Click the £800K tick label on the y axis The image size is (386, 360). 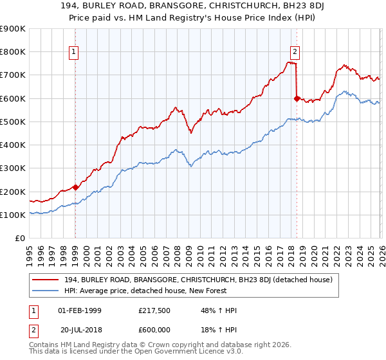pyautogui.click(x=13, y=52)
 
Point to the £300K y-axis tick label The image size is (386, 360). pyautogui.click(x=13, y=168)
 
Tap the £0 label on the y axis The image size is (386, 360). pyautogui.click(x=20, y=239)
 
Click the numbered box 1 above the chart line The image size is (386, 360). pyautogui.click(x=75, y=52)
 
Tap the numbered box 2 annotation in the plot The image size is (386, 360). pyautogui.click(x=295, y=52)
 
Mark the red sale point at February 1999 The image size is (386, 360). pyautogui.click(x=75, y=188)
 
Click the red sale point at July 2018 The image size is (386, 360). pyautogui.click(x=297, y=98)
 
